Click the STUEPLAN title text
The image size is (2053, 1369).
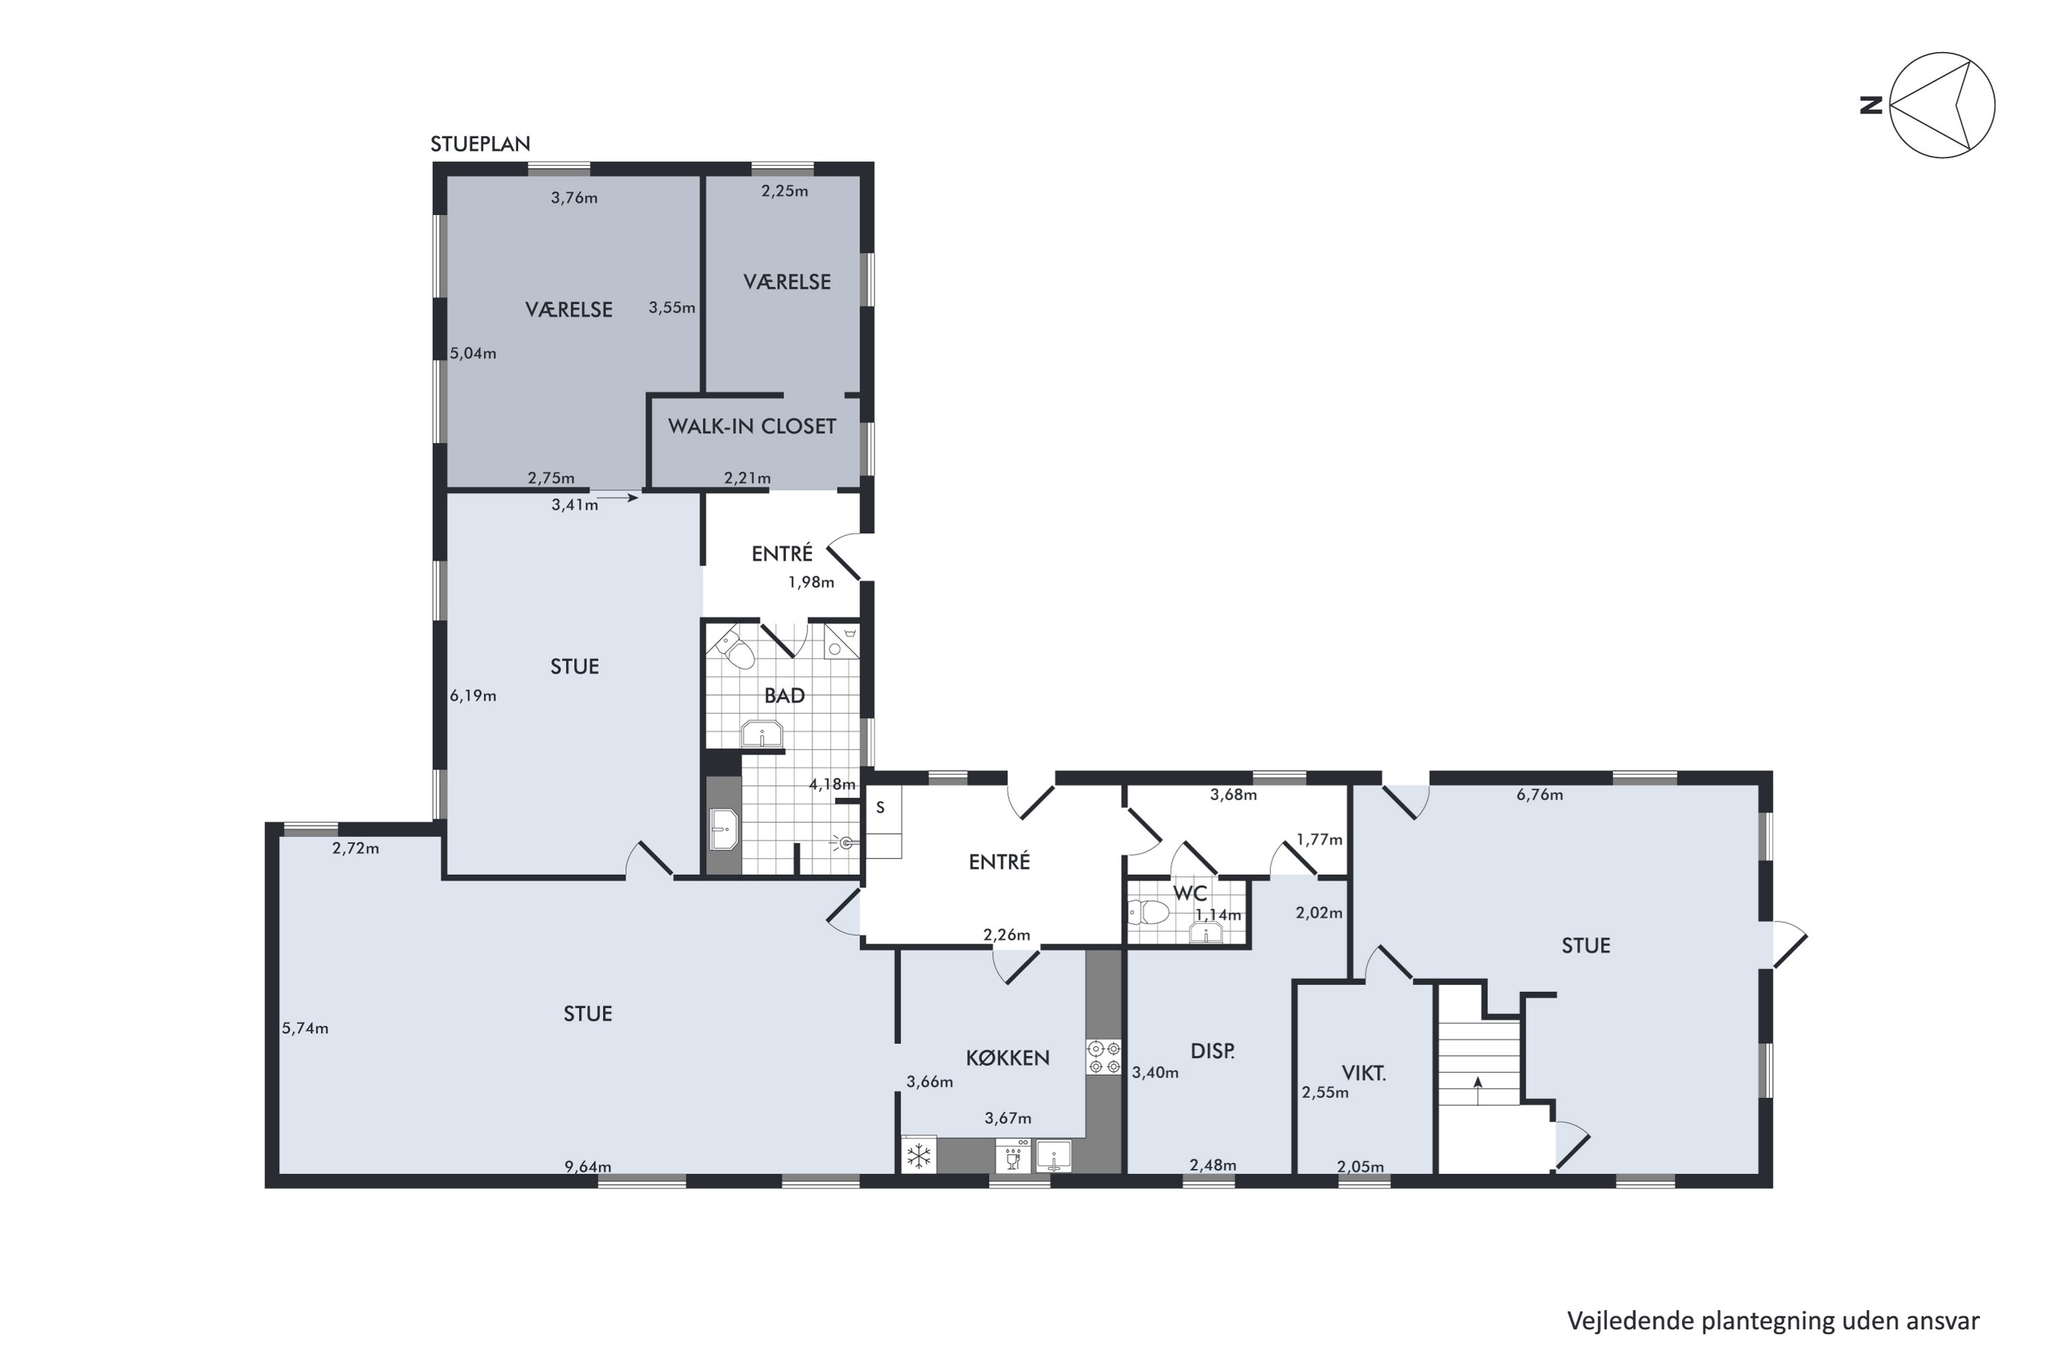[x=480, y=144]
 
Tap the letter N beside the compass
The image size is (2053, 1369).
[x=1870, y=105]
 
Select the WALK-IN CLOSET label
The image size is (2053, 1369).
[x=752, y=426]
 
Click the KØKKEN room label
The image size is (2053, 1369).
[x=1007, y=1058]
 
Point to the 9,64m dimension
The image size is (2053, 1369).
[x=587, y=1166]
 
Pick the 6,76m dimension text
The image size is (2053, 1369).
[x=1540, y=795]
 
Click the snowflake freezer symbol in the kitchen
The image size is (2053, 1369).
[x=918, y=1157]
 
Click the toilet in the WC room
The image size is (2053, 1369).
[x=1149, y=913]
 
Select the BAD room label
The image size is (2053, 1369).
[x=784, y=696]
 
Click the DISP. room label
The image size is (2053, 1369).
[x=1213, y=1051]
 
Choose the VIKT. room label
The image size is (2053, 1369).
[x=1363, y=1073]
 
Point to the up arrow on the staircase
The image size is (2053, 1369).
[x=1477, y=1090]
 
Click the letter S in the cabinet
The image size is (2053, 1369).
[x=881, y=808]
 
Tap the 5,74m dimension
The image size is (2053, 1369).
[x=305, y=1029]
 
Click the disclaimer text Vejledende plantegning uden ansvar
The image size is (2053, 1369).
[x=1773, y=1322]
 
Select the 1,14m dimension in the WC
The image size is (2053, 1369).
[x=1217, y=915]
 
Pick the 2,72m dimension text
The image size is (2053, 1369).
[x=355, y=848]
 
